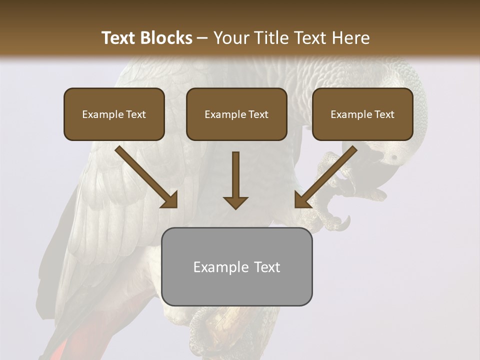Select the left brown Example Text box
[x=114, y=114]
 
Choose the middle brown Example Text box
[x=236, y=114]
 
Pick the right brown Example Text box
[x=362, y=114]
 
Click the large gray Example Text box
[x=236, y=266]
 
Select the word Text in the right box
[x=384, y=114]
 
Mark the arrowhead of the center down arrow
[x=235, y=202]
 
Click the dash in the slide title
[x=202, y=38]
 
